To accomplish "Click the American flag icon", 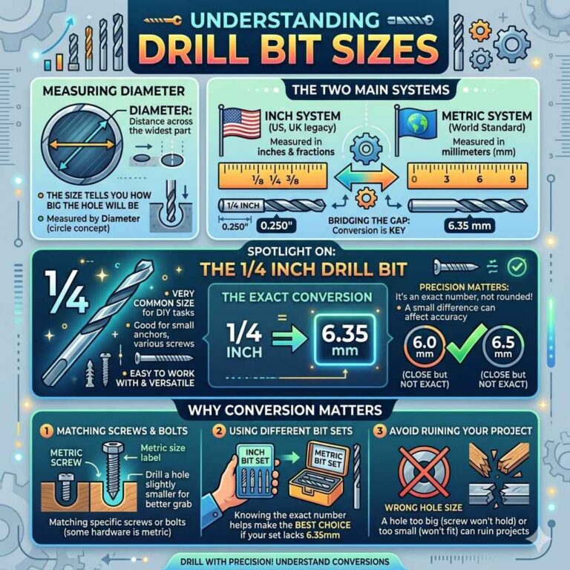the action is coord(240,124).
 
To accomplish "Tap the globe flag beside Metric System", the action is coord(416,124).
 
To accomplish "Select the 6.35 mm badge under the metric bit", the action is coord(469,226).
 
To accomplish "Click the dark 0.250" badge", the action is coord(276,226).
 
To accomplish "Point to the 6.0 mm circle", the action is coord(425,347).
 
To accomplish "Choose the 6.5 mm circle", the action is coord(503,347).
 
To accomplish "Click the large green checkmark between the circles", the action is coord(466,344).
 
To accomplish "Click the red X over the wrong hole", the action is coord(424,472).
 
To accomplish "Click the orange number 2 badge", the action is coord(219,431).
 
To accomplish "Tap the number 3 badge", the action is coord(380,431).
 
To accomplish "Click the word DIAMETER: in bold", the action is coord(160,110).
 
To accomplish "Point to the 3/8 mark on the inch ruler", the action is coord(292,180).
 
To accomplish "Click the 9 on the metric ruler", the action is coord(513,179).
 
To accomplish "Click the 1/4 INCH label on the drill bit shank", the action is coord(243,206).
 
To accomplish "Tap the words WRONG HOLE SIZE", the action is coord(424,508).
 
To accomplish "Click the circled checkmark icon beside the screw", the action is coord(517,267).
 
